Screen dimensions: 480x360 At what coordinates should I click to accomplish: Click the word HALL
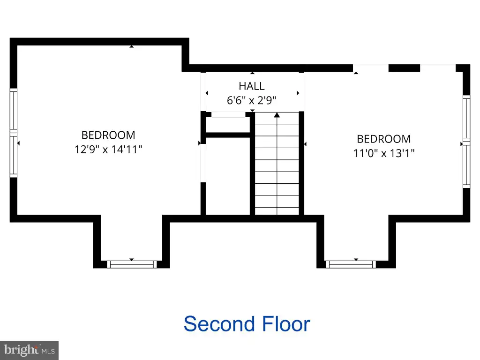click(x=252, y=86)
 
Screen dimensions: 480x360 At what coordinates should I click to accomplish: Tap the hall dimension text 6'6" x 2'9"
click(x=252, y=100)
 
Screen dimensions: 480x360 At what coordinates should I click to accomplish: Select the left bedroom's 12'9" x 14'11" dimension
click(x=108, y=150)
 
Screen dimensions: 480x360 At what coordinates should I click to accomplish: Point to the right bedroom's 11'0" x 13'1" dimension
click(x=384, y=153)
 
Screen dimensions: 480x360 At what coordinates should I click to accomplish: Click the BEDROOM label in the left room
click(x=108, y=135)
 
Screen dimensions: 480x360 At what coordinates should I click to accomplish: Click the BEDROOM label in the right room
click(x=384, y=139)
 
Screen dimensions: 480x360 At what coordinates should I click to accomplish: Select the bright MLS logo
click(x=30, y=350)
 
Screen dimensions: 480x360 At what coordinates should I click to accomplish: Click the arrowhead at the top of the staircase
click(x=277, y=115)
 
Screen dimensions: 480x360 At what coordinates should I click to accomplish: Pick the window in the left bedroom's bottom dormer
click(x=132, y=264)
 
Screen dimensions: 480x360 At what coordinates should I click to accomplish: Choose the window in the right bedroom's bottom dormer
click(x=351, y=264)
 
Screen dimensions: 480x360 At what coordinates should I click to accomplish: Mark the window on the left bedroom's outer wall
click(x=14, y=133)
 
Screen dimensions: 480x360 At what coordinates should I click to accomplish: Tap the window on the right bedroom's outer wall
click(x=466, y=142)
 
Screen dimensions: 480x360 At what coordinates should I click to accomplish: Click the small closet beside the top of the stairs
click(x=228, y=125)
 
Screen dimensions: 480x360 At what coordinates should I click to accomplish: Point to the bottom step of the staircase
click(x=277, y=211)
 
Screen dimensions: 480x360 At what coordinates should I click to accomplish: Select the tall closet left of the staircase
click(x=228, y=176)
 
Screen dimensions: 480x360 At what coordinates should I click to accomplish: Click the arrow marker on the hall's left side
click(x=207, y=93)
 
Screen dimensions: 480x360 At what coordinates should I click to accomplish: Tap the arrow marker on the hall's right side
click(x=298, y=93)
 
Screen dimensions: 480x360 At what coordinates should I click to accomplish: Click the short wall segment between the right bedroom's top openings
click(x=404, y=68)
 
